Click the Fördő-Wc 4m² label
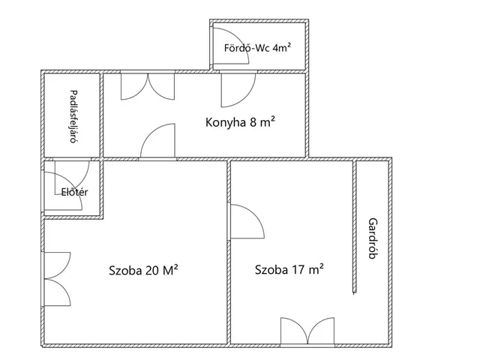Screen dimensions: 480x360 pos(257,48)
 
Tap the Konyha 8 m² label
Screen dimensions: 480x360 pos(240,122)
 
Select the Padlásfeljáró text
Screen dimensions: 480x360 pos(73,116)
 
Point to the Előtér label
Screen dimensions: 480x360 pos(74,192)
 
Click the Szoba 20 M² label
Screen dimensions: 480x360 pos(143,270)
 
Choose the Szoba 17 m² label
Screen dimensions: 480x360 pos(289,270)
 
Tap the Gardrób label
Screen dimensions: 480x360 pos(372,238)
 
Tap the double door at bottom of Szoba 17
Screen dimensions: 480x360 pos(307,331)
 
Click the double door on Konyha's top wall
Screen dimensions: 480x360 pos(148,86)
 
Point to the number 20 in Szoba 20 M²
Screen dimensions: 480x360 pos(152,270)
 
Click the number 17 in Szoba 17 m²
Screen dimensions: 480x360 pos(298,270)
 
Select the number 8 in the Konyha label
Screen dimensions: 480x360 pos(253,122)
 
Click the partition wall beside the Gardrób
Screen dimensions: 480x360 pos(354,226)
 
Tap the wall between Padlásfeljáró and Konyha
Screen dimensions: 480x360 pos(102,115)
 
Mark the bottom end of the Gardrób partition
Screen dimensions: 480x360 pos(354,293)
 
